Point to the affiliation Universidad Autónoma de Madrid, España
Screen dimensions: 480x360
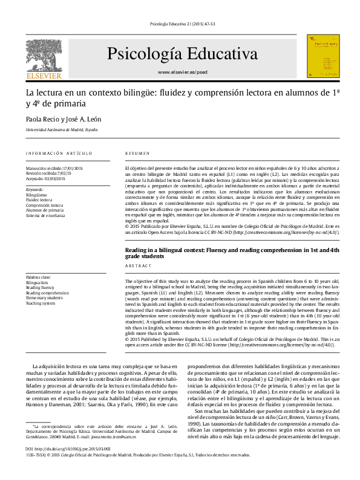pos(61,130)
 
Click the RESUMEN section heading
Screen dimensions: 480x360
pos(137,154)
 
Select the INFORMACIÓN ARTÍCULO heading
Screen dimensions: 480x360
pos(59,154)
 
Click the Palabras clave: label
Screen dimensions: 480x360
pos(39,277)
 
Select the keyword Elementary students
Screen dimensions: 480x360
pos(44,298)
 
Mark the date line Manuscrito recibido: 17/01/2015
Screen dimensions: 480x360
pos(54,168)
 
